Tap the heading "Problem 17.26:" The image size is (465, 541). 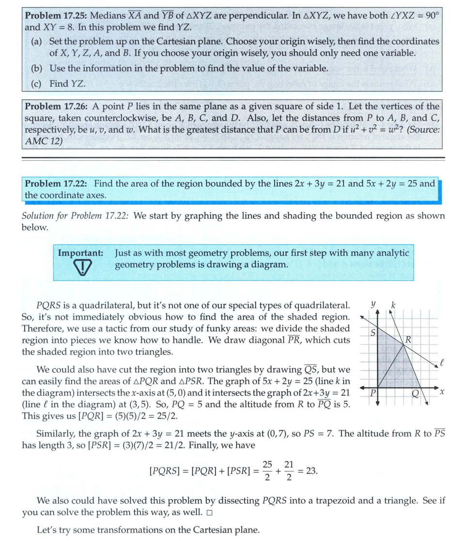[x=56, y=106]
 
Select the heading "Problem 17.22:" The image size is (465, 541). [x=56, y=184]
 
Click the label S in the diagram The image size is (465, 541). [x=373, y=333]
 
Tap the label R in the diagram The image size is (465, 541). [x=408, y=340]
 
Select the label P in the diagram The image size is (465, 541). [x=372, y=393]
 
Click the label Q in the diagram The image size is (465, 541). [x=415, y=393]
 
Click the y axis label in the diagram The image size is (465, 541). [x=373, y=305]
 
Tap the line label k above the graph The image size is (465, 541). [x=393, y=305]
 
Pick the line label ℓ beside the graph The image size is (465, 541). [x=442, y=361]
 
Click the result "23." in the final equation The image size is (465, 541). [x=312, y=470]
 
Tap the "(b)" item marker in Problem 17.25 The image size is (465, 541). [x=37, y=68]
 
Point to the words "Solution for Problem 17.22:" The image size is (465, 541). [x=75, y=216]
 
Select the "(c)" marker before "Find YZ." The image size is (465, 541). [x=36, y=83]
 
